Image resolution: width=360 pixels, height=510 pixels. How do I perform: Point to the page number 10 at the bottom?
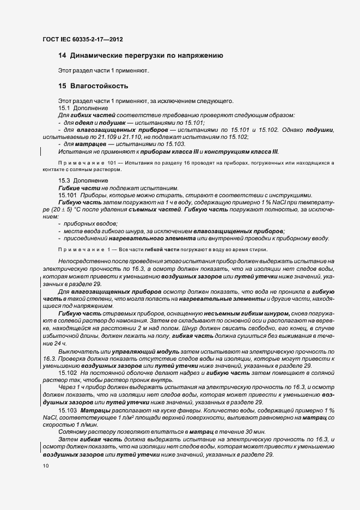45,466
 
